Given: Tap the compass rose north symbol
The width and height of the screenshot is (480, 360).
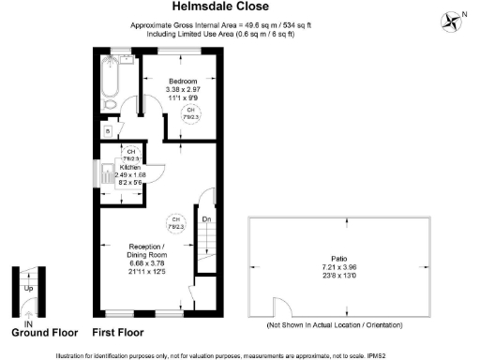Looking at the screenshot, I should click(453, 19).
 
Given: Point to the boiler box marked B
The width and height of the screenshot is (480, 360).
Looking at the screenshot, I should click(110, 131).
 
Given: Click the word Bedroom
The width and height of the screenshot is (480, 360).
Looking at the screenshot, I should click(183, 82).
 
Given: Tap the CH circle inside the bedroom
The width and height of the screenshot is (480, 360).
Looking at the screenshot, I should click(191, 112).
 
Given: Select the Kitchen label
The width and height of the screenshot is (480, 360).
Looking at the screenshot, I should click(129, 167).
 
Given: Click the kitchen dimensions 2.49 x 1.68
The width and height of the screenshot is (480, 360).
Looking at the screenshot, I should click(129, 174).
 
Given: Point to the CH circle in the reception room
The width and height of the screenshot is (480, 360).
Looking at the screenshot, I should click(174, 223).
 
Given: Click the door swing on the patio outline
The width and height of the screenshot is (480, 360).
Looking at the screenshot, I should click(277, 307).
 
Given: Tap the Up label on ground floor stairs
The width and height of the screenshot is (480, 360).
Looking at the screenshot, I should click(29, 289).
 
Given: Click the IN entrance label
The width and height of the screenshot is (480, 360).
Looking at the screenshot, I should click(28, 323).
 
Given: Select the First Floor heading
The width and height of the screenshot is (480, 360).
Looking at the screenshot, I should click(117, 333).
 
